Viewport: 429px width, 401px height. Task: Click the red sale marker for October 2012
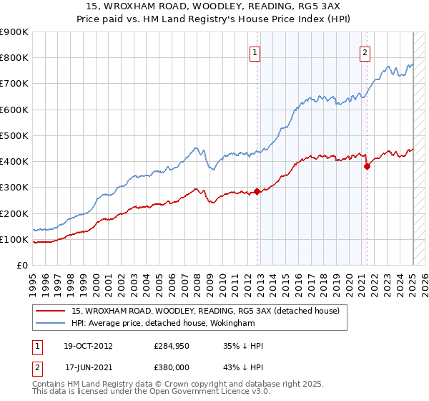pyautogui.click(x=257, y=192)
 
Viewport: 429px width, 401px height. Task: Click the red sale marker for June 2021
pyautogui.click(x=367, y=166)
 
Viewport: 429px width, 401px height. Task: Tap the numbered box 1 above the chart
pyautogui.click(x=255, y=52)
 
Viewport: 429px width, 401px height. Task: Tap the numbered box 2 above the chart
pyautogui.click(x=365, y=52)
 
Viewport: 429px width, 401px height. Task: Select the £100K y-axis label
pyautogui.click(x=14, y=239)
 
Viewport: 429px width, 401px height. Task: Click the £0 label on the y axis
pyautogui.click(x=22, y=266)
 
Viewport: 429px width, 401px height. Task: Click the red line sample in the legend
pyautogui.click(x=51, y=311)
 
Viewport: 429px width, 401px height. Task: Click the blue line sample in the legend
pyautogui.click(x=51, y=323)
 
